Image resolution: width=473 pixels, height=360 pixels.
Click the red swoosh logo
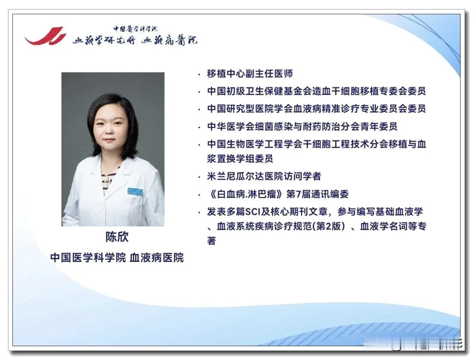pos(45,36)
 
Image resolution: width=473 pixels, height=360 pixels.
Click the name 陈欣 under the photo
pos(117,237)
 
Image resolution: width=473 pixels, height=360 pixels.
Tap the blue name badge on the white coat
pos(135,191)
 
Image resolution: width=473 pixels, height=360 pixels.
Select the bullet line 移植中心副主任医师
pos(250,73)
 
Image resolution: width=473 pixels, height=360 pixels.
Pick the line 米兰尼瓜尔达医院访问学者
pos(264,176)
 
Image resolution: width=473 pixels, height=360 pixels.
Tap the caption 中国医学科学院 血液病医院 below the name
pos(117,257)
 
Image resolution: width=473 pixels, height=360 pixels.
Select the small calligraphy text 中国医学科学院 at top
pos(136,29)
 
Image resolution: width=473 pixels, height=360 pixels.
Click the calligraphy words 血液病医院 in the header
pos(169,40)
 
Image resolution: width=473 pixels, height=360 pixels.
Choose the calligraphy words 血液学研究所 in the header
pos(104,40)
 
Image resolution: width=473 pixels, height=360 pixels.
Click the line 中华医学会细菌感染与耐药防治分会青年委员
pos(302,126)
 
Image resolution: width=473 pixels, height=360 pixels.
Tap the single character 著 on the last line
pos(211,241)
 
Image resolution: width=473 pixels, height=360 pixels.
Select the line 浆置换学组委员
pos(240,159)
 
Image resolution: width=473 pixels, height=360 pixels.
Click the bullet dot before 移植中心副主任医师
pos(200,75)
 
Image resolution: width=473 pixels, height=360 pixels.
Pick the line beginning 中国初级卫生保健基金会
pos(316,91)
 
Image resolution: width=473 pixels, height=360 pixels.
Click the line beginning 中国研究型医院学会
pos(316,109)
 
